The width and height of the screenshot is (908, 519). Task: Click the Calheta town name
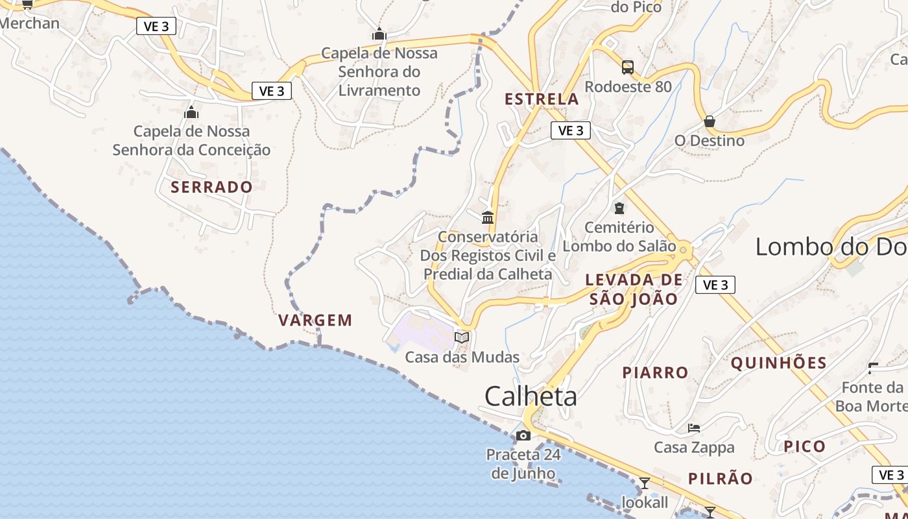[x=531, y=396]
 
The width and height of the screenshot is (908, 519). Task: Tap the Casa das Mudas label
[x=462, y=357]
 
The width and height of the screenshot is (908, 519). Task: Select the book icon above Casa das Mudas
[x=462, y=337]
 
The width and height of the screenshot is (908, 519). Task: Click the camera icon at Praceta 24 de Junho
[x=524, y=435]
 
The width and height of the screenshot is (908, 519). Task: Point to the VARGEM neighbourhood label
[x=315, y=320]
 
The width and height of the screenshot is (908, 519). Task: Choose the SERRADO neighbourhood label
[x=211, y=187]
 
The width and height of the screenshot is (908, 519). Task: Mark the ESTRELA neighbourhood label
[x=542, y=99]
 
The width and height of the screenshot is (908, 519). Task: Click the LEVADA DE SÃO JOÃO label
[x=634, y=289]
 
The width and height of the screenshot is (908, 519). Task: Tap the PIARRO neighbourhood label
[x=655, y=372]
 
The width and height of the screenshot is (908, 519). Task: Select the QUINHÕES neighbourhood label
[x=779, y=363]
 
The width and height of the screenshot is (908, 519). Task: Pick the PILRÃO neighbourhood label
[x=721, y=479]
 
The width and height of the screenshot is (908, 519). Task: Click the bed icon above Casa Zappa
[x=694, y=428]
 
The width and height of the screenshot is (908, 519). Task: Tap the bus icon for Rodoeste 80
[x=628, y=67]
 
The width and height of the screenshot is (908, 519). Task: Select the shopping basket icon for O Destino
[x=710, y=121]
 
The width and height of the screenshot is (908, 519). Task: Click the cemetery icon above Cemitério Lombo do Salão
[x=619, y=208]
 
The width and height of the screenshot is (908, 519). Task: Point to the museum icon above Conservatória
[x=488, y=217]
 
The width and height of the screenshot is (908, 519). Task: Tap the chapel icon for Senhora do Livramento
[x=379, y=34]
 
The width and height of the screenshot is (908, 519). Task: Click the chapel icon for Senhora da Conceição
[x=191, y=112]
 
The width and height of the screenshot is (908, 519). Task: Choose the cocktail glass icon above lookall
[x=645, y=483]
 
